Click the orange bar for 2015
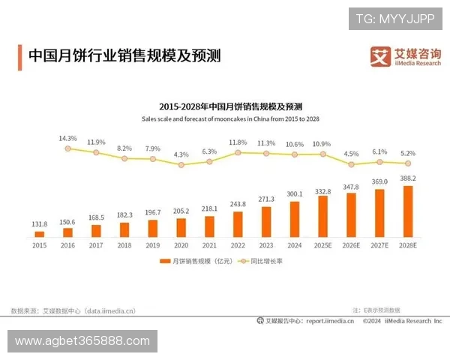[40, 233]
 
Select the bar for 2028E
[408, 211]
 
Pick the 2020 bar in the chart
[181, 227]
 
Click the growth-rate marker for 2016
[68, 148]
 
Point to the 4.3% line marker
[181, 164]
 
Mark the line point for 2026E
[351, 163]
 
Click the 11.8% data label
[238, 142]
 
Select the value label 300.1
[295, 193]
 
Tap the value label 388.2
[408, 178]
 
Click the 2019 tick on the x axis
[153, 244]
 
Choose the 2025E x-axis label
[323, 244]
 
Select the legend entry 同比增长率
[262, 261]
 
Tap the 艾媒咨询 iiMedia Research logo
[406, 56]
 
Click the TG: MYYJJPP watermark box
[395, 19]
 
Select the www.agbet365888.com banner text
[82, 341]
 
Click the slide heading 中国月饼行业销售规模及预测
[124, 55]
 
